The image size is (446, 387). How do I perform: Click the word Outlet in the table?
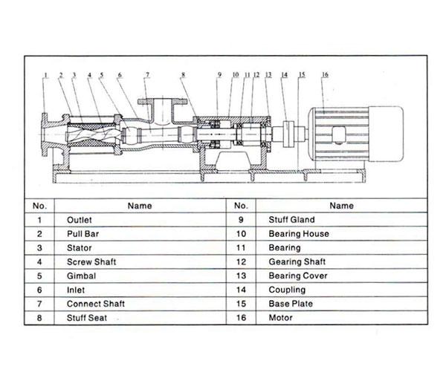[x=79, y=220]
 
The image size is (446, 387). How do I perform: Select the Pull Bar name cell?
[x=83, y=234]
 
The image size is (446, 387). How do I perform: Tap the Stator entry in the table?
[x=79, y=248]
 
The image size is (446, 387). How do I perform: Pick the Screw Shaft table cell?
[x=91, y=262]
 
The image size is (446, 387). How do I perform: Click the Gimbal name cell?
[x=80, y=276]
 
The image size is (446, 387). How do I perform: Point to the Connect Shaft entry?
[x=96, y=304]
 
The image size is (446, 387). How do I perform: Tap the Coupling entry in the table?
[x=287, y=290]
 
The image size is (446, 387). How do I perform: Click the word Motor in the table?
[x=281, y=318]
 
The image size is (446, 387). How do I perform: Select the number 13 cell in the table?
[x=240, y=276]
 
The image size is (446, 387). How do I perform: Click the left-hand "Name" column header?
[x=140, y=206]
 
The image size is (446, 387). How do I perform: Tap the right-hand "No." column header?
[x=240, y=206]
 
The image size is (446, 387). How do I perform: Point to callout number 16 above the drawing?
[x=325, y=74]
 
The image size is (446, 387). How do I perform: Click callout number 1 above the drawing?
[x=45, y=74]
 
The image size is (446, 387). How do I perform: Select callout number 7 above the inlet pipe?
[x=147, y=74]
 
